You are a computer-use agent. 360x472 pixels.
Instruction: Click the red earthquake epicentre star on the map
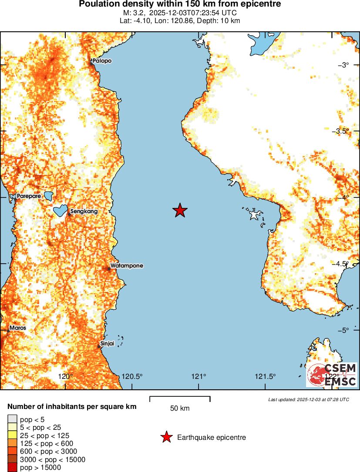[x=180, y=211]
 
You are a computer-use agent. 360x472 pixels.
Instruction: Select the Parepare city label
[x=29, y=196]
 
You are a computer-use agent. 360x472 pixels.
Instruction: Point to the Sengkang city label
[x=84, y=212]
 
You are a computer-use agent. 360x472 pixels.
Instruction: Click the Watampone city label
[x=127, y=265]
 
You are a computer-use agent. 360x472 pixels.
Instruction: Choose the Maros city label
[x=18, y=328]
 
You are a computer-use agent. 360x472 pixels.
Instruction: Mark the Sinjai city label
[x=107, y=343]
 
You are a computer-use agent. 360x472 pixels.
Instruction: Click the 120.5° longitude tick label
[x=132, y=376]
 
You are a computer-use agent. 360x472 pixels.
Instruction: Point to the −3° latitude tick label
[x=343, y=65]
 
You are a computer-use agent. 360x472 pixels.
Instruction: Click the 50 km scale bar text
[x=180, y=408]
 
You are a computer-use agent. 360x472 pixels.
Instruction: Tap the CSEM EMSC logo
[x=331, y=375]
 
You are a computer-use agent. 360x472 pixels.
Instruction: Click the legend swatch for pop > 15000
[x=12, y=468]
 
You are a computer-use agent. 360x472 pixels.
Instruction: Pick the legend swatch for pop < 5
[x=12, y=419]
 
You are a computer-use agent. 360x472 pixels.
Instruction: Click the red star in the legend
[x=166, y=437]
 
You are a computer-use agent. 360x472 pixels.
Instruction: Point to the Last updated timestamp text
[x=309, y=399]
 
